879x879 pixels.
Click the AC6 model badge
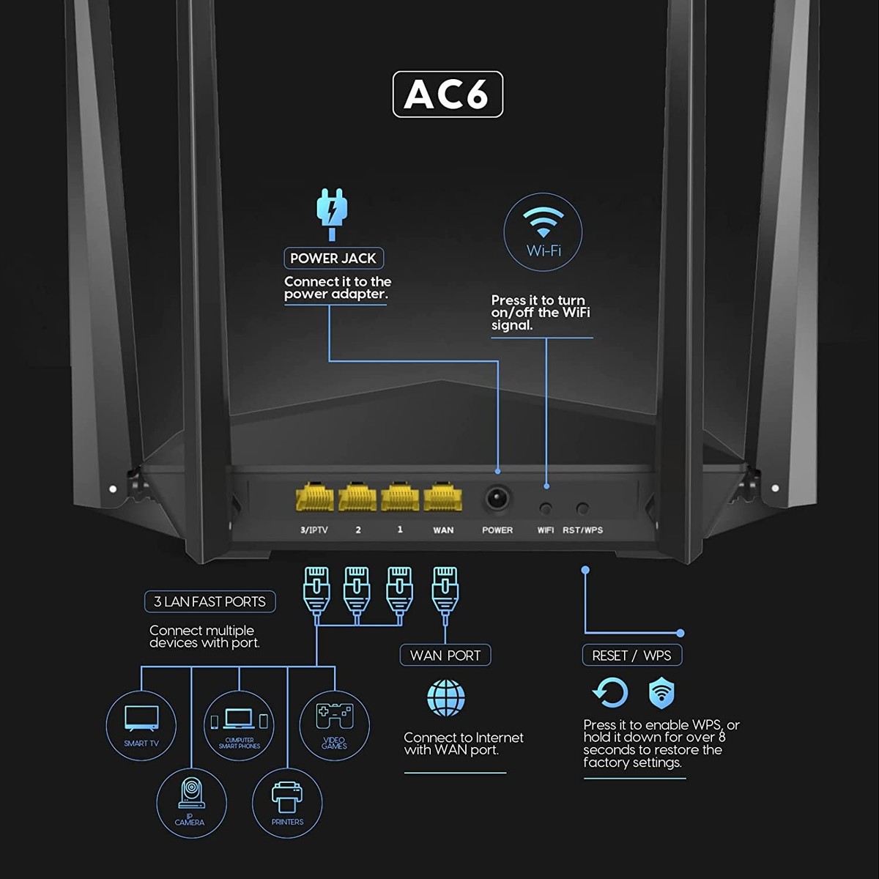coord(448,94)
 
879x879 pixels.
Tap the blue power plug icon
coord(332,213)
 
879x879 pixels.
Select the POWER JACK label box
coord(333,258)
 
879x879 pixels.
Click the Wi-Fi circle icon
coord(543,231)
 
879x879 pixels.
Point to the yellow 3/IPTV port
coord(314,497)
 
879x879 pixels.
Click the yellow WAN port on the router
coord(442,497)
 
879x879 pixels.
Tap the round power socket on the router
coord(497,497)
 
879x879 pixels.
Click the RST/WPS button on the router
coord(582,508)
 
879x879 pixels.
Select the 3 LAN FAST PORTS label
coord(209,601)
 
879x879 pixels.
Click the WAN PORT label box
coord(445,655)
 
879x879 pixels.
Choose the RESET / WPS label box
coord(631,655)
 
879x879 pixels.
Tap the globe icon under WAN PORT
coord(445,697)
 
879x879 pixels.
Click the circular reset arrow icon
coord(610,693)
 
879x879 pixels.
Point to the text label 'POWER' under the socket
coord(497,530)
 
